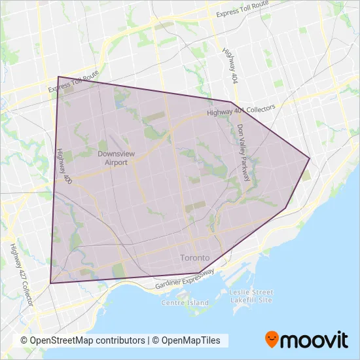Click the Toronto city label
coord(195,258)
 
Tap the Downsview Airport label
coord(111,158)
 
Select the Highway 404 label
coord(230,64)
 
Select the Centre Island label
coord(185,302)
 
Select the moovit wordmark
coord(315,339)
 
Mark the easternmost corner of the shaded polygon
coord(310,158)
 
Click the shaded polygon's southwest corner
coord(50,283)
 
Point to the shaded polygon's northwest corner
coord(58,77)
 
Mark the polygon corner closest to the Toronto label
coord(198,272)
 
